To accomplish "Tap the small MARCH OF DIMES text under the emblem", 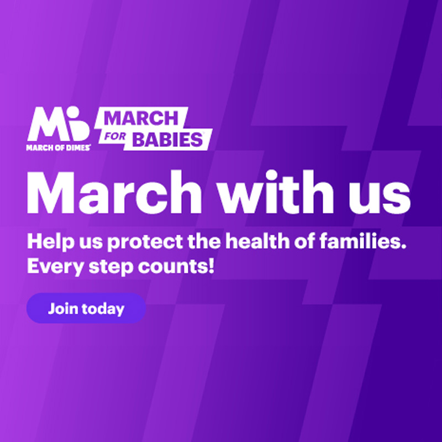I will click(58, 147).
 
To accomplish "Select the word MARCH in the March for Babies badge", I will click(141, 118).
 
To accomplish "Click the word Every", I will click(50, 267).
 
